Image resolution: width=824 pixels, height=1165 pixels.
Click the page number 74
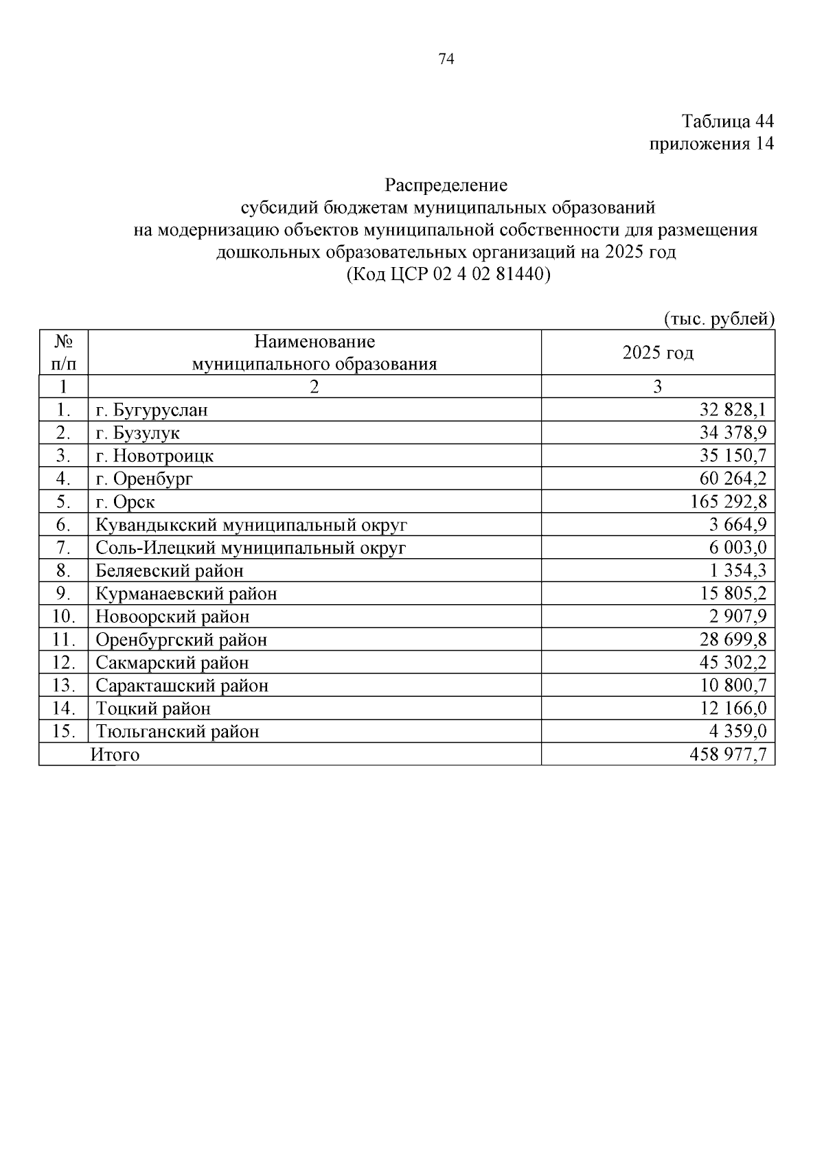click(x=446, y=60)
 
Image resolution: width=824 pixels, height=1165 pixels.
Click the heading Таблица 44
click(x=727, y=122)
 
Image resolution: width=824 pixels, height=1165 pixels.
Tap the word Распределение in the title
click(x=446, y=185)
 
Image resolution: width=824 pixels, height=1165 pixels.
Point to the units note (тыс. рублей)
click(x=719, y=319)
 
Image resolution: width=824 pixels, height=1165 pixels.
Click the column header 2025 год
click(x=657, y=353)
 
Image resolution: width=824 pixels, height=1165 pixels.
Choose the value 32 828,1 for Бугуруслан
click(x=733, y=411)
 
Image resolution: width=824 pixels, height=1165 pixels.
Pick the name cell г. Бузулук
click(x=138, y=433)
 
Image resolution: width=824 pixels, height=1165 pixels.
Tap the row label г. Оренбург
click(x=144, y=478)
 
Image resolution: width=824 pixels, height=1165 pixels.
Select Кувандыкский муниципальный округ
click(x=251, y=525)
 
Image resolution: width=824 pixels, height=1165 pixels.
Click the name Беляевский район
click(x=170, y=570)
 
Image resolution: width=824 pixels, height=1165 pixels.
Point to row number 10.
click(x=63, y=616)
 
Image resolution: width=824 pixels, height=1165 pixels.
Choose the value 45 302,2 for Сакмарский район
click(x=733, y=662)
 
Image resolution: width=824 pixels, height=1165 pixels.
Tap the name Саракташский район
click(x=182, y=686)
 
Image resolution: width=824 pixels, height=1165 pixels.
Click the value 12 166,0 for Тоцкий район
click(x=733, y=708)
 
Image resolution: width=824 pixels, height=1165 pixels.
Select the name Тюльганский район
click(x=178, y=732)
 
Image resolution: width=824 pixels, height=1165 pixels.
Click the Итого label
click(x=115, y=755)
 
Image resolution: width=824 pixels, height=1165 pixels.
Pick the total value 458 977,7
click(x=728, y=755)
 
